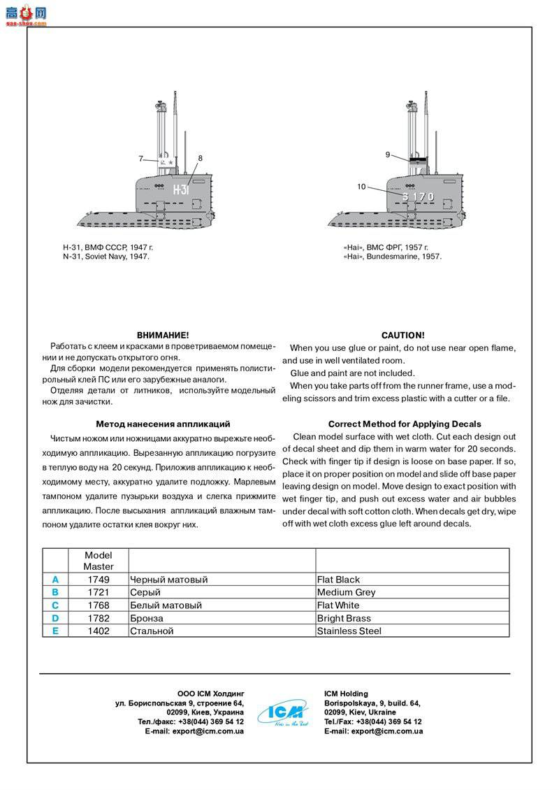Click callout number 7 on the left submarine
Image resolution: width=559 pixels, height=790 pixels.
(x=140, y=159)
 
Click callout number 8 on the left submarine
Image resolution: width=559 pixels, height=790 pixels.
(x=200, y=159)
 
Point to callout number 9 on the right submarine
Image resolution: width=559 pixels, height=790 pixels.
(x=388, y=155)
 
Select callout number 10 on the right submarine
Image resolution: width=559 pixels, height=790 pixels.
(x=361, y=186)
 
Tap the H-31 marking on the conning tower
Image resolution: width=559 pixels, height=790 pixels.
(x=181, y=189)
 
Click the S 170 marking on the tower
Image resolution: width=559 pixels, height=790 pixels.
(x=418, y=197)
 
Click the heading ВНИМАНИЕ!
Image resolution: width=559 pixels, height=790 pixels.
(x=163, y=336)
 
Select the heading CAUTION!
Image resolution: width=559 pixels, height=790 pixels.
(x=402, y=336)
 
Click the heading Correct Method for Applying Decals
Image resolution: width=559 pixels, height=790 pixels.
(x=405, y=424)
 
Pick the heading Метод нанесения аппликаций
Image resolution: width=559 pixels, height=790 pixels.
(x=163, y=424)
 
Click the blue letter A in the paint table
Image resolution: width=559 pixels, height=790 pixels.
(x=55, y=580)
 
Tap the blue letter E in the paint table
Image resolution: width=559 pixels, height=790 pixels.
(x=55, y=631)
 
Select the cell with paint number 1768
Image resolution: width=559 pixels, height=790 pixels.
(x=98, y=605)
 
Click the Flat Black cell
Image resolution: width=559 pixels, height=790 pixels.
(x=339, y=580)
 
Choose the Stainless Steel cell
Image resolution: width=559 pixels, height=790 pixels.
(x=349, y=631)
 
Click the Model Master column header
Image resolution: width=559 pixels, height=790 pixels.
(x=98, y=561)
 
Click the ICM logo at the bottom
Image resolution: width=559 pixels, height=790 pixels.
(x=283, y=712)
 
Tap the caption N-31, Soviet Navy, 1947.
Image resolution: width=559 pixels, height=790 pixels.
(x=106, y=257)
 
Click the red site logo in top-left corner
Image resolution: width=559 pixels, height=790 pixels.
(x=25, y=12)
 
